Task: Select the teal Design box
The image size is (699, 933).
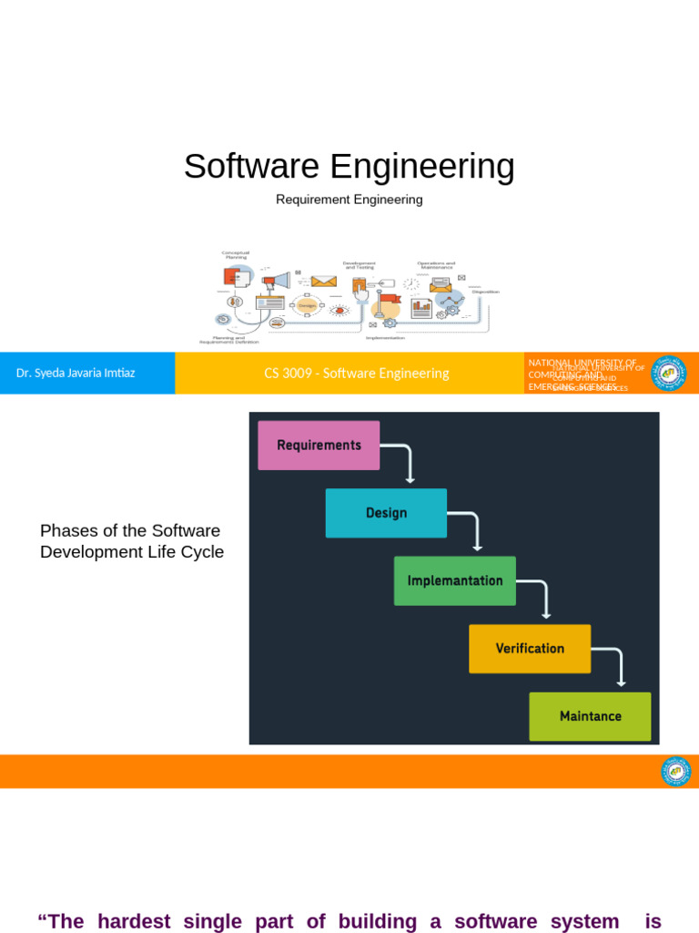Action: tap(386, 513)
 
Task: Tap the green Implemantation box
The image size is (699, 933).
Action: tap(454, 580)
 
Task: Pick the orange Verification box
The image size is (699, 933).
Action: tap(530, 649)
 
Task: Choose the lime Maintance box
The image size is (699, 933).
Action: tap(590, 716)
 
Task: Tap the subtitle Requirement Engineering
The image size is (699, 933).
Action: tap(349, 200)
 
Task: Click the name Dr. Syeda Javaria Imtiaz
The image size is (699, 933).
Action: tap(76, 373)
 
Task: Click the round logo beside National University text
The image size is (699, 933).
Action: tap(669, 373)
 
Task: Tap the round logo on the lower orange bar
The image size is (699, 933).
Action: tap(675, 772)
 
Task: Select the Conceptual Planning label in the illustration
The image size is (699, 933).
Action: tap(236, 255)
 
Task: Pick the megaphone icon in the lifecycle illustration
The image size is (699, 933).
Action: tap(279, 281)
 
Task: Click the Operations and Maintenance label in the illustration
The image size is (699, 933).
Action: tap(436, 265)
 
